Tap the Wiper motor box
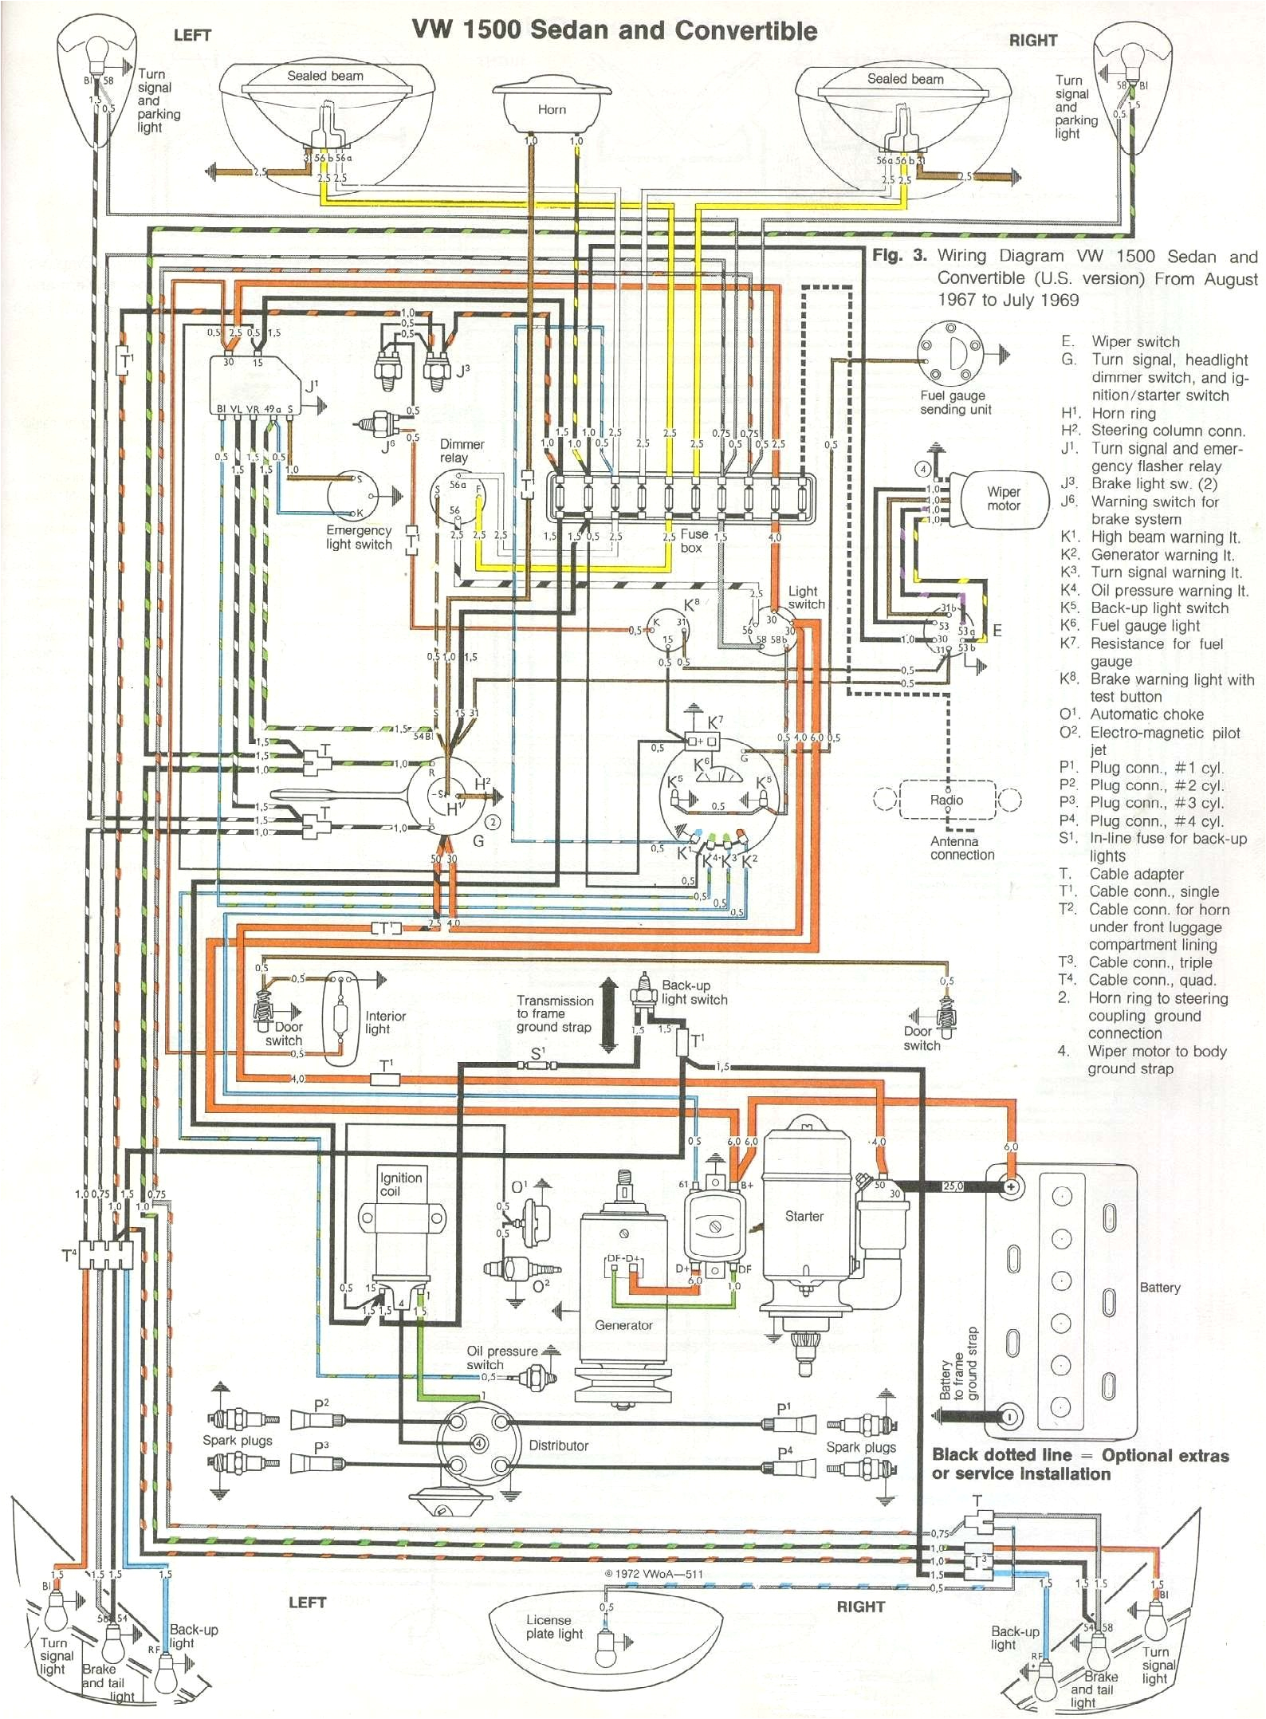point(1002,498)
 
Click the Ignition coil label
point(400,1184)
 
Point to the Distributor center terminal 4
point(478,1443)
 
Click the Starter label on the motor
point(804,1216)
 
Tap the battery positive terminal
point(1011,1186)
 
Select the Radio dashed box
point(947,800)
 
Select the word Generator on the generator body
point(623,1324)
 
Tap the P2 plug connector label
point(320,1405)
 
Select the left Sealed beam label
point(324,76)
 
